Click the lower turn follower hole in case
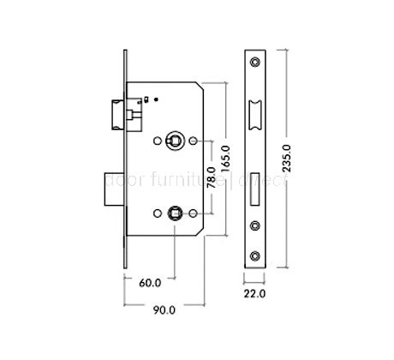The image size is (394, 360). click(x=175, y=212)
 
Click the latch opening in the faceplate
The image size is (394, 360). click(x=256, y=112)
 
